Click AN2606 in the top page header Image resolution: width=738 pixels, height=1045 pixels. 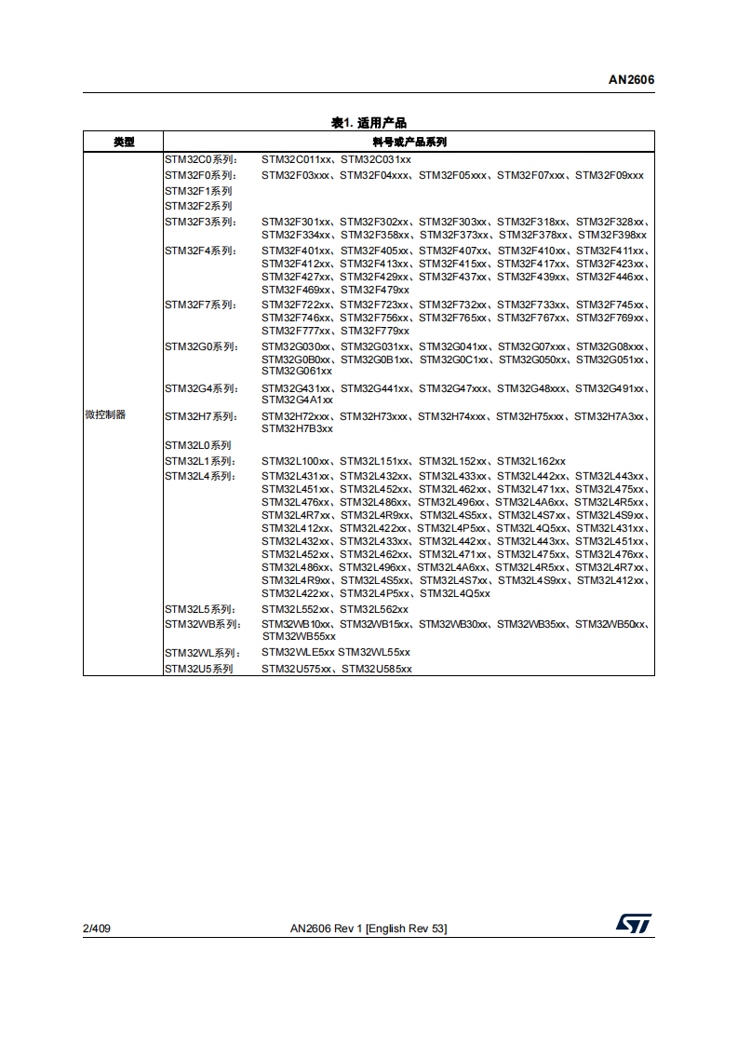(632, 80)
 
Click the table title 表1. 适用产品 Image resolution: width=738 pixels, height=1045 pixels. (369, 123)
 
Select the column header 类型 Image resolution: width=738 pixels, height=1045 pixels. (124, 142)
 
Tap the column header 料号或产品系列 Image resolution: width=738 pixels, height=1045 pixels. (409, 142)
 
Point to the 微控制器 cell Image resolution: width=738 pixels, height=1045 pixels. (105, 415)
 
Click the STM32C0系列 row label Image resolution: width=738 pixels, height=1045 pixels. (200, 159)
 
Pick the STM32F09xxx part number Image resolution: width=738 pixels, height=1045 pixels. (609, 175)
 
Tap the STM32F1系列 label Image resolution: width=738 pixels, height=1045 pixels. (198, 191)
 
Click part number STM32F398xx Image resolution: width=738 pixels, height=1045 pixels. (612, 235)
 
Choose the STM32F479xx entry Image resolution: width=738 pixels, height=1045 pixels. (375, 291)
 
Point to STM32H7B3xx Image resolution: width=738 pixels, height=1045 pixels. (297, 428)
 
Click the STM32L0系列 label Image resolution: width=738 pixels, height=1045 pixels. (198, 445)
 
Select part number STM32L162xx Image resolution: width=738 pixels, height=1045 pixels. (531, 461)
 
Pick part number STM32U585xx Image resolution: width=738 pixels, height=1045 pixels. (376, 669)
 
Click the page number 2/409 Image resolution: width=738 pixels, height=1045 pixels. (97, 929)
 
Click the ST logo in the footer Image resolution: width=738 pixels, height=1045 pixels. (634, 923)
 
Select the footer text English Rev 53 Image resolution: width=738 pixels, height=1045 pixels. (407, 929)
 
